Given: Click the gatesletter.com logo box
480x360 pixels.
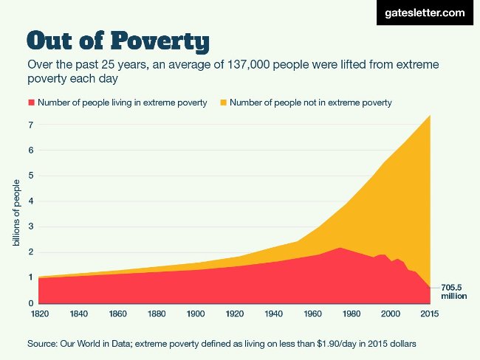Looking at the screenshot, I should coord(424,13).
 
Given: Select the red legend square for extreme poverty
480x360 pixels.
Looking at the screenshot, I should coord(30,103).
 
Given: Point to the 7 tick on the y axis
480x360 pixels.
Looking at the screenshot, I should coord(31,125).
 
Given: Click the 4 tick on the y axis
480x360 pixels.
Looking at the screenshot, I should coord(31,201).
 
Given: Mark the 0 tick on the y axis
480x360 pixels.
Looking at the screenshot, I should coord(31,303).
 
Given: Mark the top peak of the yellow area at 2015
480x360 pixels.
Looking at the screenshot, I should coord(429,116).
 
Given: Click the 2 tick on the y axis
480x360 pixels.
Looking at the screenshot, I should coord(31,252).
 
